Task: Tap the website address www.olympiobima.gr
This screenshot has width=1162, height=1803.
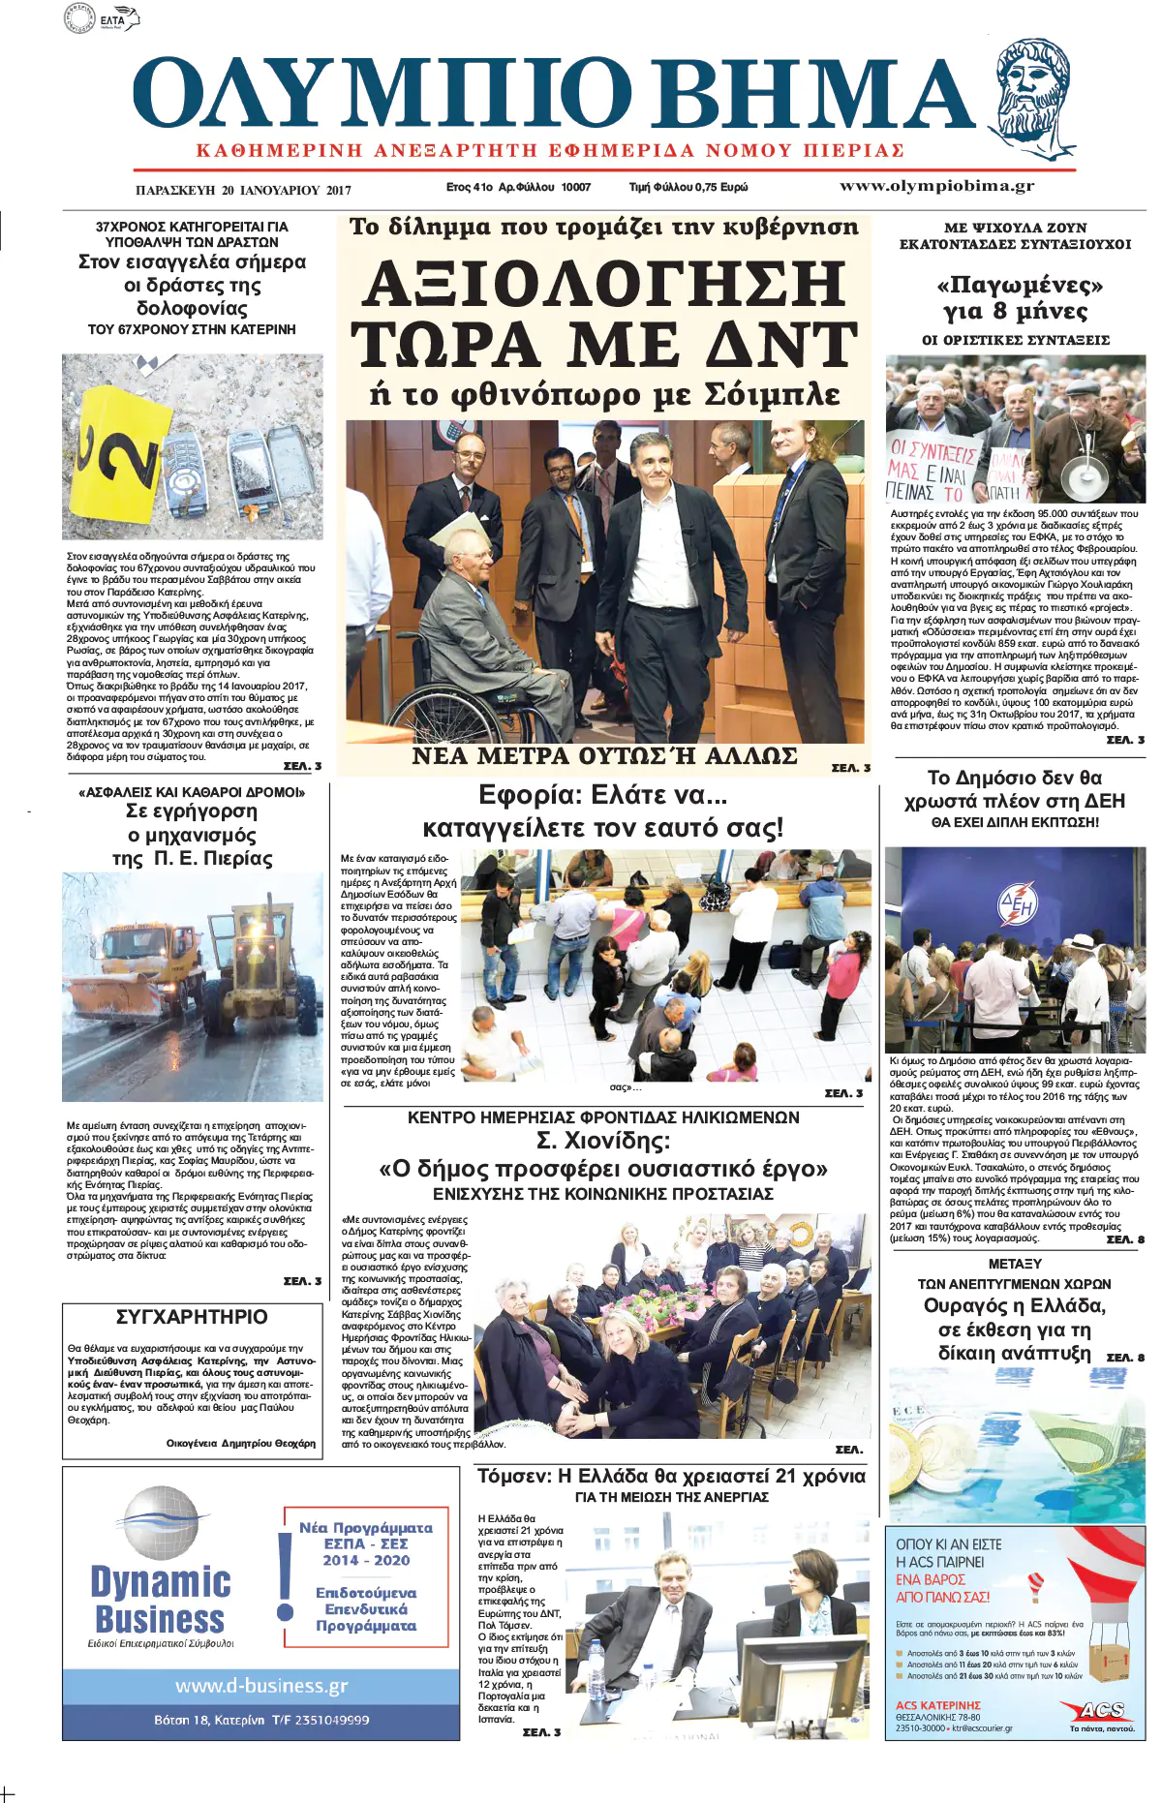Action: coord(936,186)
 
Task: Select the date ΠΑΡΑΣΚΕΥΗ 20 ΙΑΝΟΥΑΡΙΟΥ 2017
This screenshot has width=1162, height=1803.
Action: coord(243,190)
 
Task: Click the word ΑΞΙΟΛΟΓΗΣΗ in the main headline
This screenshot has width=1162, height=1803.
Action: coord(604,285)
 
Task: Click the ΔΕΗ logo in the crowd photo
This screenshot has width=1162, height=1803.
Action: coord(1018,905)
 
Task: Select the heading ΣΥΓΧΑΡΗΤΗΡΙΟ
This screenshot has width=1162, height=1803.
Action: coord(192,1317)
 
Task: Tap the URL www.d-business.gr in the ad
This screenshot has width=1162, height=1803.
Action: coord(261,1686)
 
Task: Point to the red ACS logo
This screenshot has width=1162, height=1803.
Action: coord(1102,1711)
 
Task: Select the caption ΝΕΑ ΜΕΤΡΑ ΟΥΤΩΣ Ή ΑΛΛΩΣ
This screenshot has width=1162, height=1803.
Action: coord(604,756)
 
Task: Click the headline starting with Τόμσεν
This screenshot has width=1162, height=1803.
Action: coord(671,1477)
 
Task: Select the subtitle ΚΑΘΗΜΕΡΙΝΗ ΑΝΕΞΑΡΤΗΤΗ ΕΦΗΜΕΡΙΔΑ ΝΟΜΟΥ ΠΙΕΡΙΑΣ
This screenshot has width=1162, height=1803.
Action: coord(550,151)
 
